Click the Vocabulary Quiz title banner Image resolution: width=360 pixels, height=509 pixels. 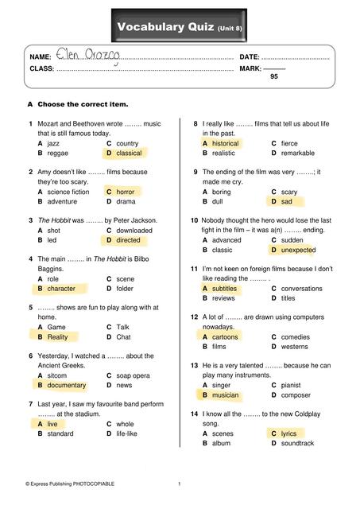[180, 28]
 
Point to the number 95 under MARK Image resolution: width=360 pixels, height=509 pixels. [274, 77]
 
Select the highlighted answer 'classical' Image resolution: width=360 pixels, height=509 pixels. [128, 153]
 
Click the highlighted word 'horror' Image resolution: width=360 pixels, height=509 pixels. [125, 192]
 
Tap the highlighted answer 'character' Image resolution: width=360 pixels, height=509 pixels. [61, 289]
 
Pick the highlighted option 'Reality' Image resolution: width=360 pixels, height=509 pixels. [57, 337]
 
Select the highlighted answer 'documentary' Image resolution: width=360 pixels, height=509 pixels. [66, 386]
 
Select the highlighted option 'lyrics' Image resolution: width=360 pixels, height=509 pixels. [288, 433]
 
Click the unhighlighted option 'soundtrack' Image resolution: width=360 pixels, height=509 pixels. [297, 443]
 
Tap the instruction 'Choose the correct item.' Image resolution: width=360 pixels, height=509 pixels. [83, 104]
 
